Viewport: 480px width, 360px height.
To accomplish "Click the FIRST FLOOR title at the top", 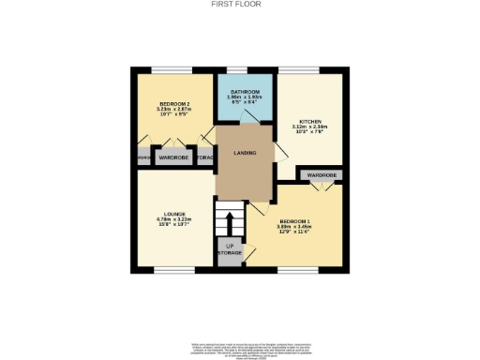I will (x=240, y=4).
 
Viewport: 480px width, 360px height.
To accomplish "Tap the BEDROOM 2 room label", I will (x=174, y=103).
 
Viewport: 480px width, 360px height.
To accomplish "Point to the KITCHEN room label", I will (x=311, y=121).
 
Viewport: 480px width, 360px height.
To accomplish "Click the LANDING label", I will (x=246, y=153).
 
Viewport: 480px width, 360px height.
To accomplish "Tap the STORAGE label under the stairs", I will (x=230, y=252).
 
